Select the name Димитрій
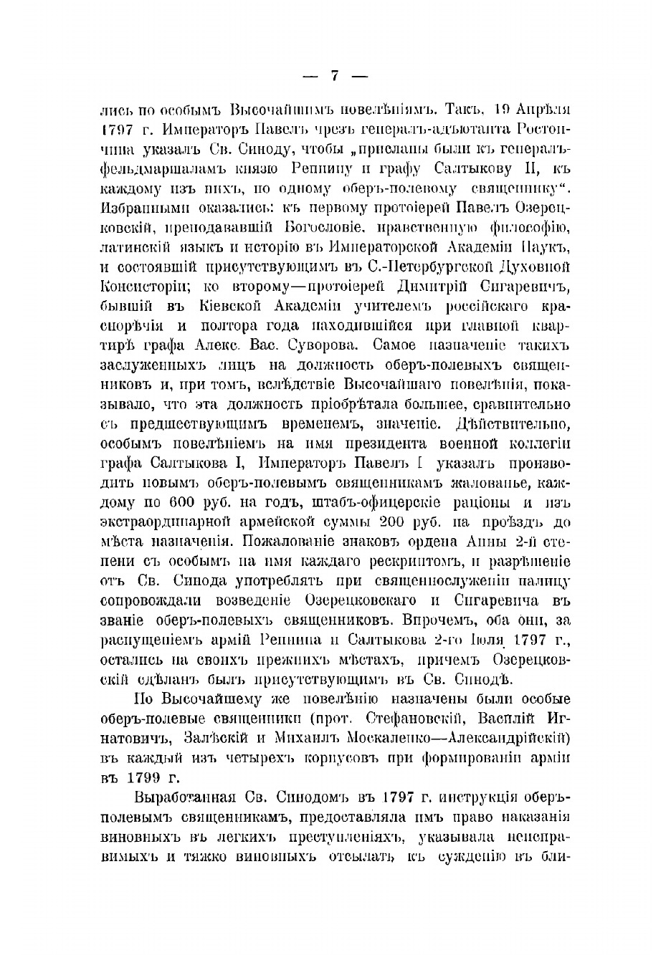[x=428, y=287]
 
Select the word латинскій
[x=133, y=249]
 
